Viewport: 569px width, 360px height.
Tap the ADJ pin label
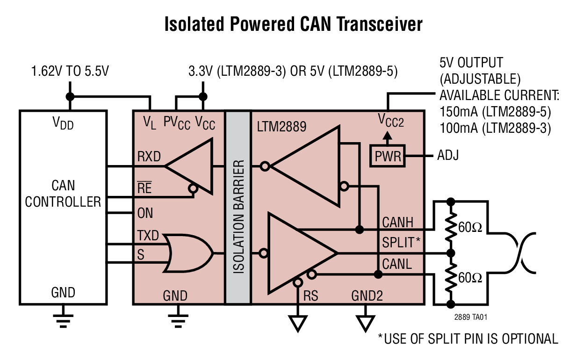tap(447, 155)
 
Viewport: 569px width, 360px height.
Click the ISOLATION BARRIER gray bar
tap(238, 208)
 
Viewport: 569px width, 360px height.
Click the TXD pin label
tap(148, 235)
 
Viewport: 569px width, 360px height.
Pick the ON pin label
tap(145, 213)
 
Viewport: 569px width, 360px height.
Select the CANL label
tap(397, 264)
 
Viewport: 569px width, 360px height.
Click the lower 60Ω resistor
tap(451, 278)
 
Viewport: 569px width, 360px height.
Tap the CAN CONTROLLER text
tap(63, 194)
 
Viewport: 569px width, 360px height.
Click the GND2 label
tap(367, 296)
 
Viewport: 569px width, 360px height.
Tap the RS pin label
tap(311, 296)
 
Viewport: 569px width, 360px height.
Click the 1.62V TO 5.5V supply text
tap(70, 72)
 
